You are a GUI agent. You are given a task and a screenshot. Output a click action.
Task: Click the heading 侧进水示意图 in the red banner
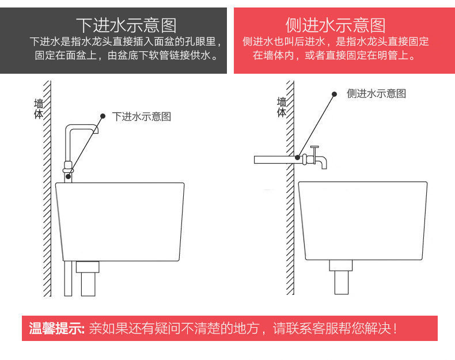point(335,25)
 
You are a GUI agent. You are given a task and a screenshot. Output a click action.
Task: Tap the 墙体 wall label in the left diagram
point(39,109)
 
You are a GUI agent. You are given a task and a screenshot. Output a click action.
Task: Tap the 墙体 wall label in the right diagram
point(282,107)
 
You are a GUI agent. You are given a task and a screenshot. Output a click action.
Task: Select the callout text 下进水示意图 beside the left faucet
point(142,116)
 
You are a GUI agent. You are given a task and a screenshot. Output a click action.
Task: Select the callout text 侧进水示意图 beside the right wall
point(377,94)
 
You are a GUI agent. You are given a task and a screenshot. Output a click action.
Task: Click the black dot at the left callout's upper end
point(103,116)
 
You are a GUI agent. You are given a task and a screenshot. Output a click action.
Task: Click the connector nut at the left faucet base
point(68,169)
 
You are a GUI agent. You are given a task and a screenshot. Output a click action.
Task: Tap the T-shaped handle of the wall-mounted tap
point(314,149)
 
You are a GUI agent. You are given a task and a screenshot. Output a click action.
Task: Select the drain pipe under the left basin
point(89,279)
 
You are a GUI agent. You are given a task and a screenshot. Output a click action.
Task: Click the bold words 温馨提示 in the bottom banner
point(56,329)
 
